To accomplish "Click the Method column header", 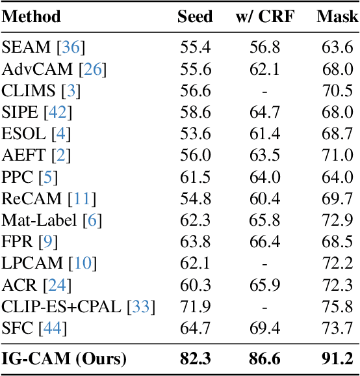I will [31, 16].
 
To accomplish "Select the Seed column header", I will [195, 16].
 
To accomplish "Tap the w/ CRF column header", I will [264, 16].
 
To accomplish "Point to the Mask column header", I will [337, 16].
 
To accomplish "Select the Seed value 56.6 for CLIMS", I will [195, 91].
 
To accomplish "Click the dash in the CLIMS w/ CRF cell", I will [264, 91].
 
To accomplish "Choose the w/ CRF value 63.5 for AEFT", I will [264, 155].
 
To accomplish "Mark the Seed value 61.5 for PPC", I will [195, 177].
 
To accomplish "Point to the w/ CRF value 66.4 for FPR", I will [264, 242].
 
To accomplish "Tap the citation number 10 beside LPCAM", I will [84, 263].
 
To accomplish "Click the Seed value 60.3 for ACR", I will [195, 285].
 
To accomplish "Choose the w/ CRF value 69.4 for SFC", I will [264, 329].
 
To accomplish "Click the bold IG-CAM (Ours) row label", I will [64, 358].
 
